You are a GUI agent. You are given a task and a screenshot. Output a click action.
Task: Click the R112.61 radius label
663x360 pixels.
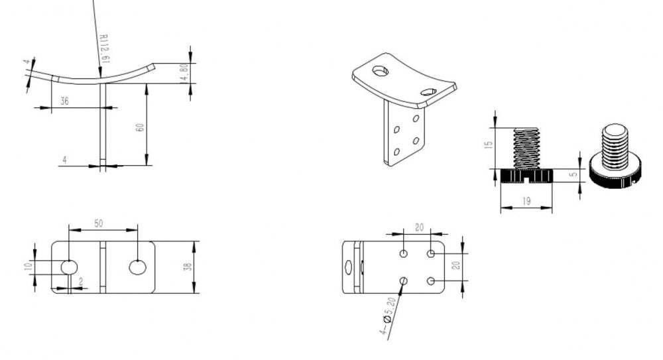click(x=104, y=48)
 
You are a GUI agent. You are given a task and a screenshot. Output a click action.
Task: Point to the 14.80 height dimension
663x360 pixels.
click(x=184, y=73)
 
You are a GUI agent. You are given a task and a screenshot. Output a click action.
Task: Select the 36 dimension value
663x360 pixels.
click(x=64, y=101)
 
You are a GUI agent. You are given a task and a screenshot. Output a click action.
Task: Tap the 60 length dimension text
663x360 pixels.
click(x=139, y=127)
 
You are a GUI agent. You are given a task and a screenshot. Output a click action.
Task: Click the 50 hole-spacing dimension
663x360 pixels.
click(x=99, y=223)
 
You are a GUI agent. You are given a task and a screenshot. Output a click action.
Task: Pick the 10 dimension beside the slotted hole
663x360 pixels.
click(x=29, y=267)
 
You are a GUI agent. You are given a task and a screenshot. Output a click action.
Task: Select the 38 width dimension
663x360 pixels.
click(x=188, y=267)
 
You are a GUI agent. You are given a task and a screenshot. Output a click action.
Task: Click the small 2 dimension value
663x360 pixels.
click(x=81, y=281)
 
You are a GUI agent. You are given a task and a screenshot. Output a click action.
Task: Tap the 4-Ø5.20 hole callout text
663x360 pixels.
click(x=387, y=316)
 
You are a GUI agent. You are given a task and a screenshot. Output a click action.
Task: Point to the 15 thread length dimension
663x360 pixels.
click(x=489, y=145)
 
